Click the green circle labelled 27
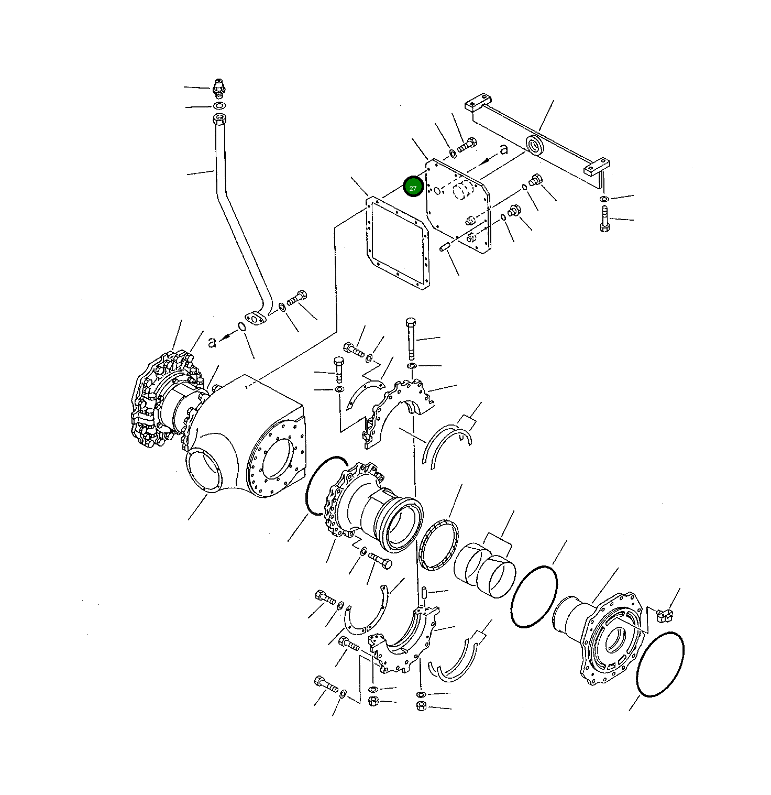[x=413, y=187]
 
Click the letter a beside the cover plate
[x=503, y=149]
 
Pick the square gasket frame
[x=396, y=242]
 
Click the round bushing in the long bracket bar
[x=535, y=145]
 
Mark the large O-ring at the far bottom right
[x=660, y=665]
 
